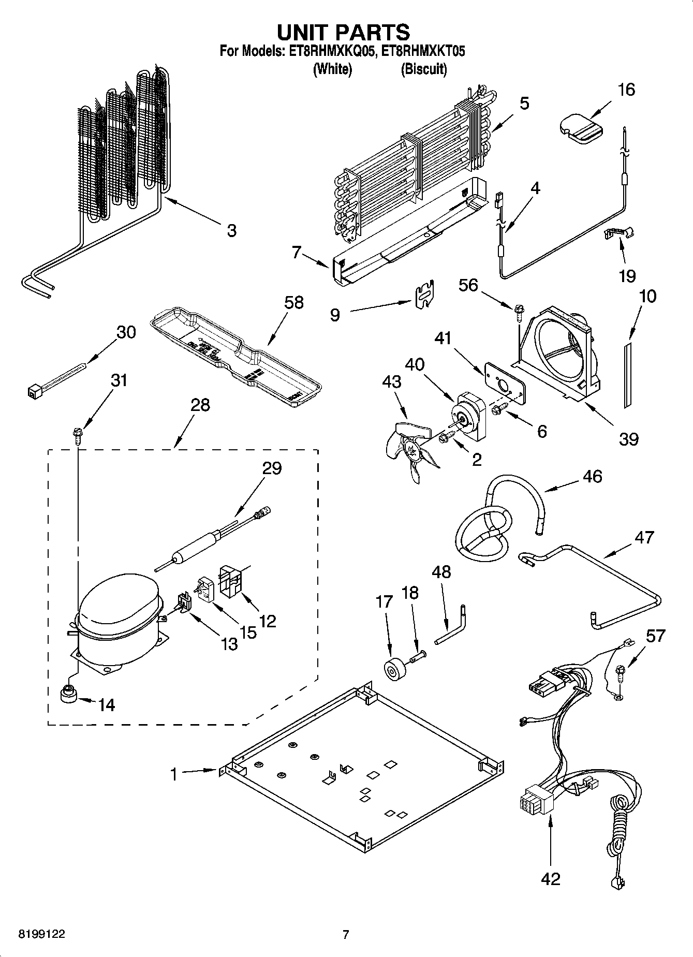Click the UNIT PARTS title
coord(343,32)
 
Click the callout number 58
coord(294,303)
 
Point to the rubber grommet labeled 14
coord(67,694)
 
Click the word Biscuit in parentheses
coord(424,69)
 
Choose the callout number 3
coord(231,230)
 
